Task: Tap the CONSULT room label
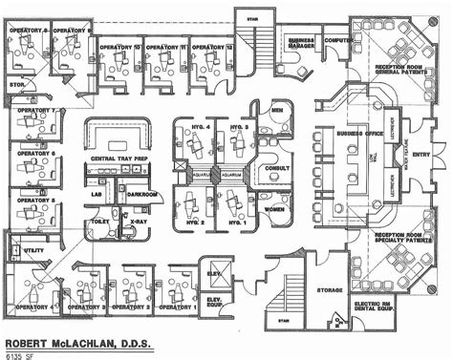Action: point(278,167)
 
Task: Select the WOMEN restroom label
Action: point(277,209)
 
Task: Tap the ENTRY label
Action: point(421,153)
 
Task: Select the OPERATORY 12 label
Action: point(211,46)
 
